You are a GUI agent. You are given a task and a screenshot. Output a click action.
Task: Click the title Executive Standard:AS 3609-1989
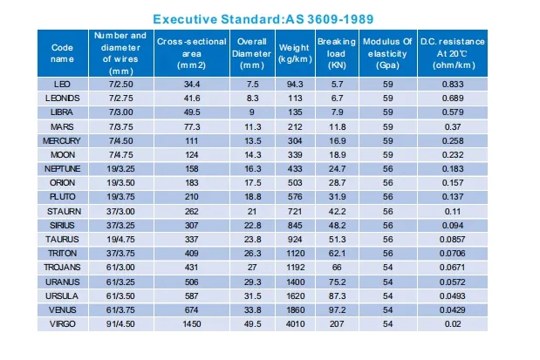[x=271, y=17]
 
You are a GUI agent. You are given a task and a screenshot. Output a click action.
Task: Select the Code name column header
[x=62, y=53]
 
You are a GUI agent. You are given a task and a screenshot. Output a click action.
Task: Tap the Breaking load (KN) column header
[x=336, y=53]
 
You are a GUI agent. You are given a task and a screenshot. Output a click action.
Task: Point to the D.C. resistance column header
[x=452, y=53]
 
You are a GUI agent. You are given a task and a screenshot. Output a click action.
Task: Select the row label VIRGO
[x=62, y=324]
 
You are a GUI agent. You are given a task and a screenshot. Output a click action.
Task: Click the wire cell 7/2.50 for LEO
[x=121, y=83]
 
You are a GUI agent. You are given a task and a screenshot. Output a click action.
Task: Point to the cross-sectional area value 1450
[x=191, y=324]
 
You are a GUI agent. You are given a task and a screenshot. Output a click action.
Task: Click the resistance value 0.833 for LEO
[x=452, y=83]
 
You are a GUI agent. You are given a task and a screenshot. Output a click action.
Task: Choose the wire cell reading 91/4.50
[x=121, y=324]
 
